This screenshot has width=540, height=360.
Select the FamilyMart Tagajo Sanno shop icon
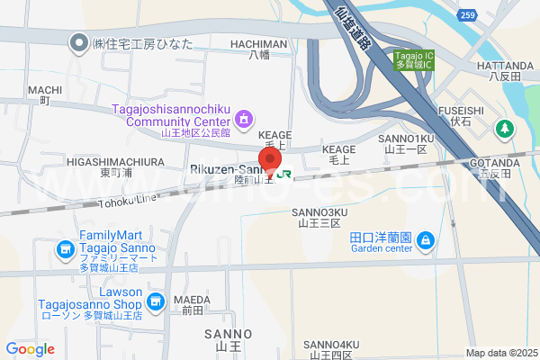(x=65, y=248)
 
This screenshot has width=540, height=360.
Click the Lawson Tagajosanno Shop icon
(x=155, y=301)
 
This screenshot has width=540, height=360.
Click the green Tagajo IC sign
(x=415, y=59)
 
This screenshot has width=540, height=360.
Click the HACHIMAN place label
(x=258, y=43)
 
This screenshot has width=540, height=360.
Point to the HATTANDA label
(x=504, y=66)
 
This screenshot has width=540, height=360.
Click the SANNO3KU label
(x=318, y=212)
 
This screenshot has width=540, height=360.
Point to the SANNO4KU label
(x=330, y=344)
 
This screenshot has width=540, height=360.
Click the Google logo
(x=30, y=348)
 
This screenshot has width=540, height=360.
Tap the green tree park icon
(x=506, y=129)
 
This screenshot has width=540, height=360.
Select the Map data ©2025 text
(x=500, y=353)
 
